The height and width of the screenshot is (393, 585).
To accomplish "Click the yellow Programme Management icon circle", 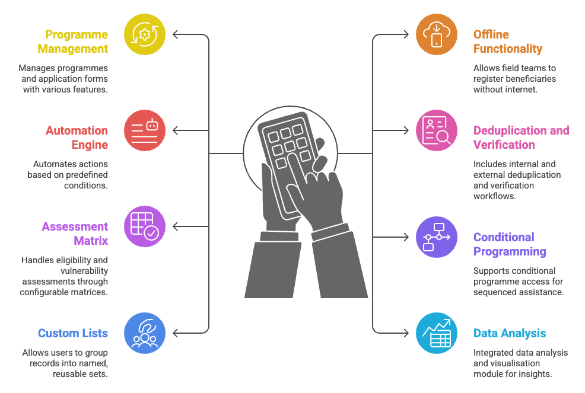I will click(145, 34).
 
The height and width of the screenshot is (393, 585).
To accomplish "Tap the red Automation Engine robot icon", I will click(145, 130).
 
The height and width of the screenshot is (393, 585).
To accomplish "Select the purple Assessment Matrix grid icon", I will click(145, 226).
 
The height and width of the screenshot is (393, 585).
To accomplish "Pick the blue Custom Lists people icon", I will click(145, 333).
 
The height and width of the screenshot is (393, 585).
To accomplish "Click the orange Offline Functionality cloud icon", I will click(437, 34).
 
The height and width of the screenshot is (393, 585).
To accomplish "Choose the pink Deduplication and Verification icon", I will click(437, 130).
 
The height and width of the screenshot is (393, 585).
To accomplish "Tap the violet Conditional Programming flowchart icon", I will click(437, 237).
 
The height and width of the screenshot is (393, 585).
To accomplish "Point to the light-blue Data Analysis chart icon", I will click(437, 333).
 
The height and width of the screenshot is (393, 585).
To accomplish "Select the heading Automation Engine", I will click(77, 138).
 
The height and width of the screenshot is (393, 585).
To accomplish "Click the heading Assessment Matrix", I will click(75, 234).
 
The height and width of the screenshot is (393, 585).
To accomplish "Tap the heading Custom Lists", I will click(73, 333).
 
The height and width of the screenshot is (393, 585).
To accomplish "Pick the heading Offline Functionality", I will click(508, 41).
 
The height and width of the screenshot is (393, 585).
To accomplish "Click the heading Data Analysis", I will click(510, 333).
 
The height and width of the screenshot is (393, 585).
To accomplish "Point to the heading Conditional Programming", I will click(510, 244).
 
